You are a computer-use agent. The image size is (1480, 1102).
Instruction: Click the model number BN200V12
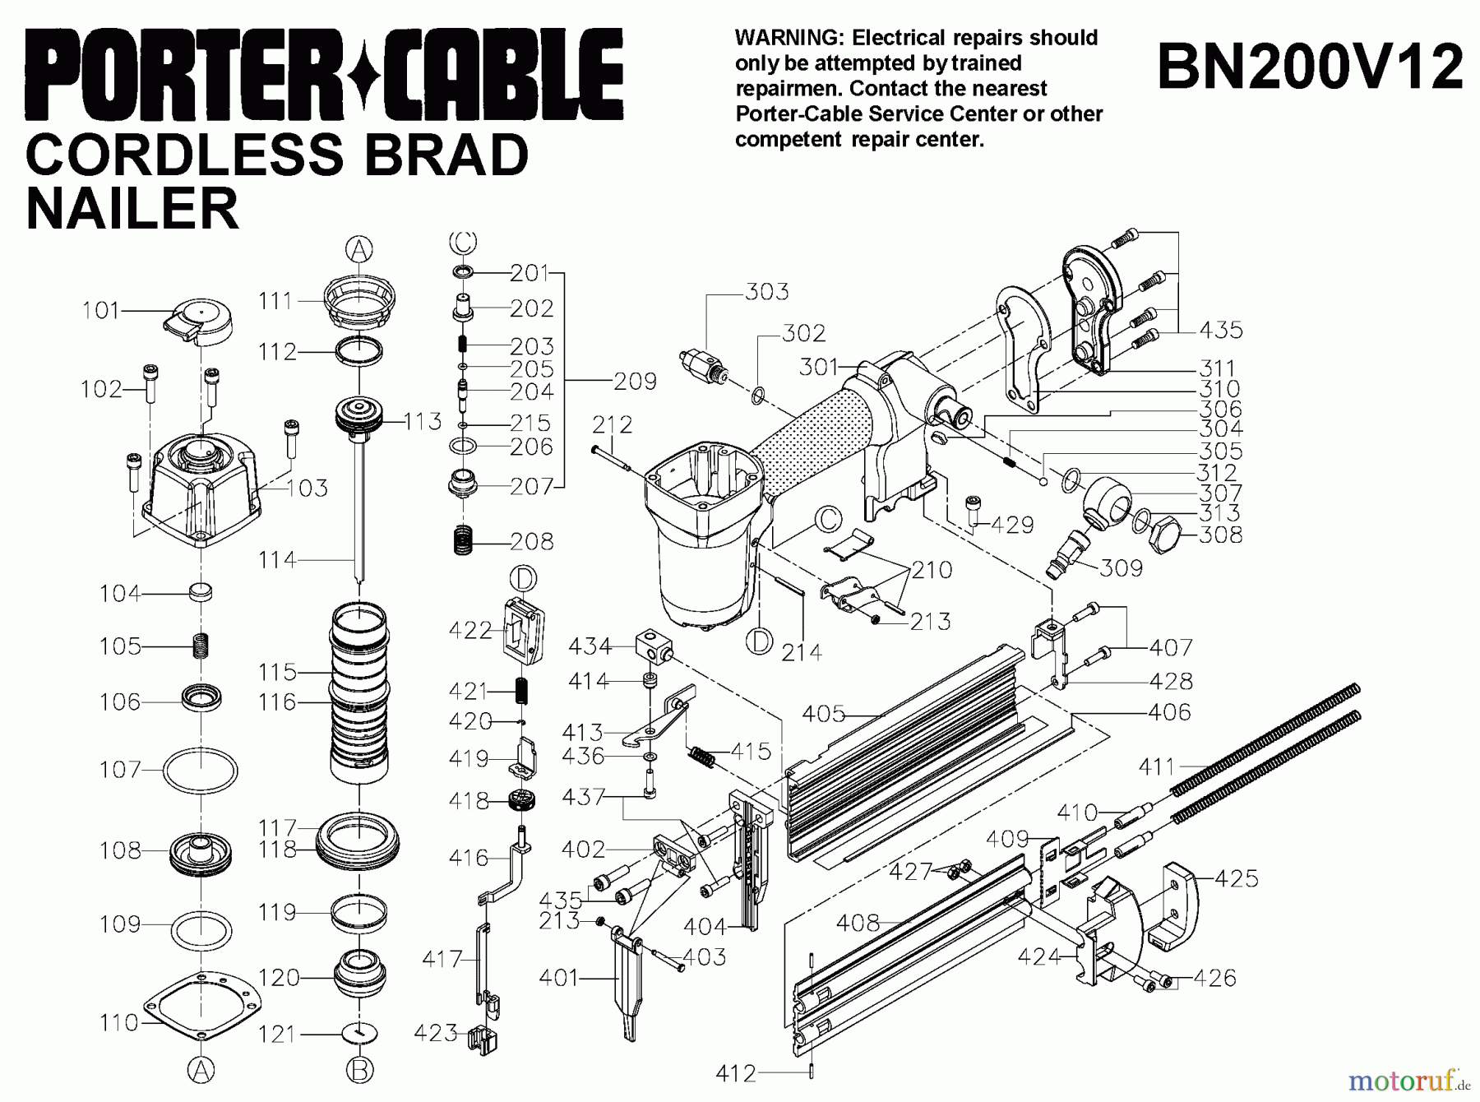[1310, 67]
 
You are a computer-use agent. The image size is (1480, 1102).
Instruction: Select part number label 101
[100, 311]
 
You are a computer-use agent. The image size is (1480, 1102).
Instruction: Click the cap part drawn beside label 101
[200, 321]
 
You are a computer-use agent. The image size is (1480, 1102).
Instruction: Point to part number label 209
[635, 382]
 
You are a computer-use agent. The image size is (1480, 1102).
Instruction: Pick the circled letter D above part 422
[523, 578]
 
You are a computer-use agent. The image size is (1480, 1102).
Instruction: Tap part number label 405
[824, 714]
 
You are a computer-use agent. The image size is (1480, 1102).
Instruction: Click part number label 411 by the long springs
[1158, 767]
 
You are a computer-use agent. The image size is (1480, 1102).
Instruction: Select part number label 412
[735, 1073]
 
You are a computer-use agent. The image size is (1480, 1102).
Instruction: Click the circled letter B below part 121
[359, 1070]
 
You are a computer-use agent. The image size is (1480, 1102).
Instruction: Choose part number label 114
[275, 560]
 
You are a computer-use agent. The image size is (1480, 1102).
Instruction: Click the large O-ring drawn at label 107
[200, 771]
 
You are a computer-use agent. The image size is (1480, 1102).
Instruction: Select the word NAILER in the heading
[132, 208]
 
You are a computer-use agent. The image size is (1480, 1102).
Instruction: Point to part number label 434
[590, 647]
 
